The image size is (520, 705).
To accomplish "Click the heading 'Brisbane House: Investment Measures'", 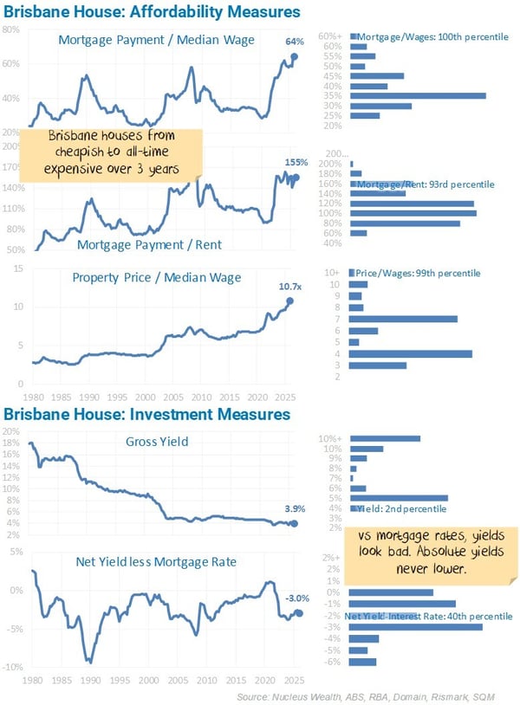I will pyautogui.click(x=146, y=414).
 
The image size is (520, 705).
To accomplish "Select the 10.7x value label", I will pyautogui.click(x=289, y=284).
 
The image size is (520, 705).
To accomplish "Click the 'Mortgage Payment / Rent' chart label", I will pyautogui.click(x=149, y=244).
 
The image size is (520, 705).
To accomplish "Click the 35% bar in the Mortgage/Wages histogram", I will pyautogui.click(x=417, y=95).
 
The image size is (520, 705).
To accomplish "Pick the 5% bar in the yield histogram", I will pyautogui.click(x=398, y=498).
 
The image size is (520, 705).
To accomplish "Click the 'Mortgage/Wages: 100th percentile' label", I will pyautogui.click(x=417, y=37).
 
